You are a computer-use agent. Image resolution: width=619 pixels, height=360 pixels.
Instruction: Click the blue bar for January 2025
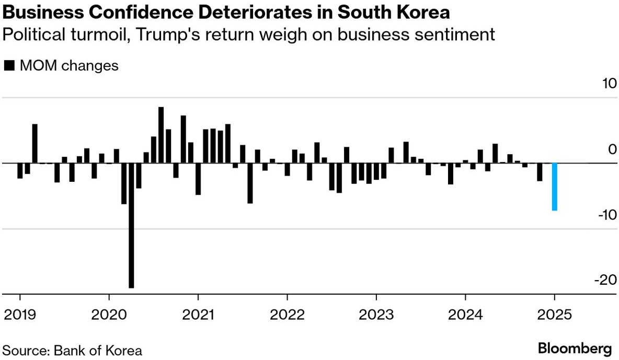pos(554,187)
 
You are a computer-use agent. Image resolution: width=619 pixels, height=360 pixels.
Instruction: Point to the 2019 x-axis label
pos(20,316)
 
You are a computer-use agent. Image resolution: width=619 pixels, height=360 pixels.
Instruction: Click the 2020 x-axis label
pos(109,316)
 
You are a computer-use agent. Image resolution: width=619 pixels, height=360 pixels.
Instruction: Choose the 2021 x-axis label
pos(198,316)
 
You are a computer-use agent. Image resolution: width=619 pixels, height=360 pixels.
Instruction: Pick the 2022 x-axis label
pos(287,316)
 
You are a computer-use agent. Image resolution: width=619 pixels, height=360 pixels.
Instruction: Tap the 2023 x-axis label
pos(376,316)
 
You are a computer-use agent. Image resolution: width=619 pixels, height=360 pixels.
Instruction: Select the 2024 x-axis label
pos(465,316)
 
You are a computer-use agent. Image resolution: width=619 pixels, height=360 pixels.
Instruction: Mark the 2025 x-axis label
pos(554,316)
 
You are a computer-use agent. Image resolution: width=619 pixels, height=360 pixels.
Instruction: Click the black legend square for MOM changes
pos(9,66)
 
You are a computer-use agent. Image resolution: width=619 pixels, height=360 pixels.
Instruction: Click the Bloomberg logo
pos(575,348)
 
